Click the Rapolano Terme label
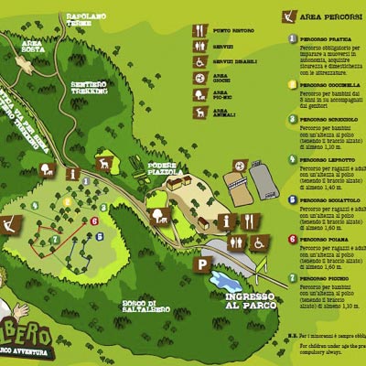[x=86, y=20]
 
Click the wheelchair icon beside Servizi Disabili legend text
[x=200, y=61]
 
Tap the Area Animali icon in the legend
[x=200, y=112]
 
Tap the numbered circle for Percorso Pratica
[x=293, y=38]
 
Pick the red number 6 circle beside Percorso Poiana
[x=293, y=237]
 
